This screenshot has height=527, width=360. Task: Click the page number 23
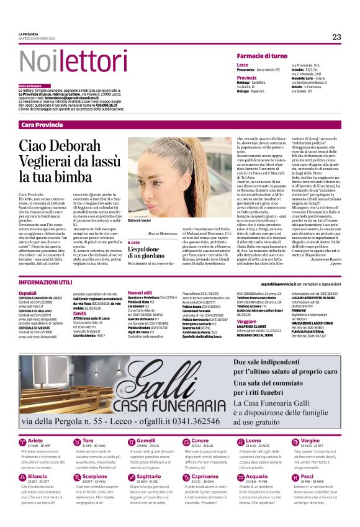pyautogui.click(x=336, y=37)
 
